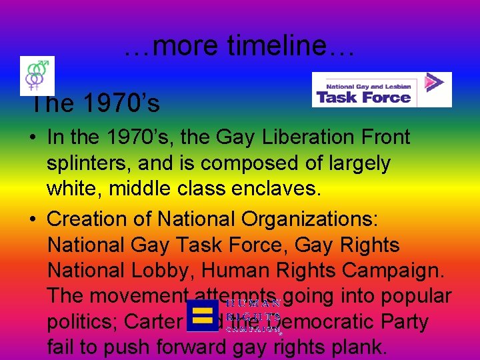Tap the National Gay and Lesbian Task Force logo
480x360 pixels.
[x=381, y=90]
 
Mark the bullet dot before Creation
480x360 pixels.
[x=33, y=219]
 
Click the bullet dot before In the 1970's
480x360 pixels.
[x=33, y=138]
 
